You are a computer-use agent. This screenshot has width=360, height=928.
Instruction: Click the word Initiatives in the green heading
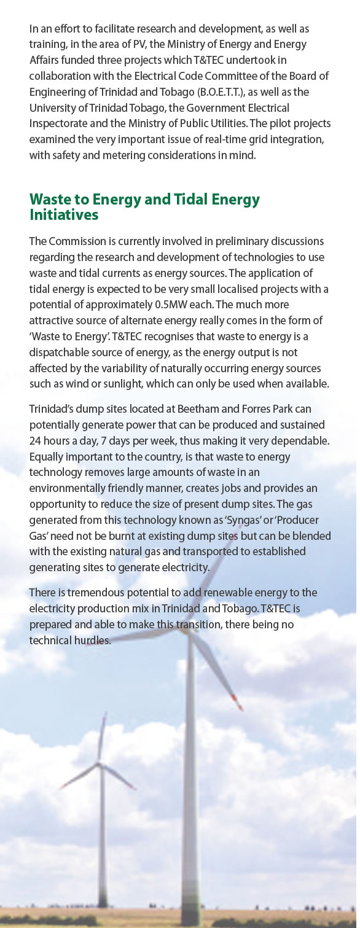tap(64, 215)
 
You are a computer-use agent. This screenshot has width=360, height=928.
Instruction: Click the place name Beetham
tap(184, 409)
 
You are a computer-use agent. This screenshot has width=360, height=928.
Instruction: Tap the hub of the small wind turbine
tap(98, 763)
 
